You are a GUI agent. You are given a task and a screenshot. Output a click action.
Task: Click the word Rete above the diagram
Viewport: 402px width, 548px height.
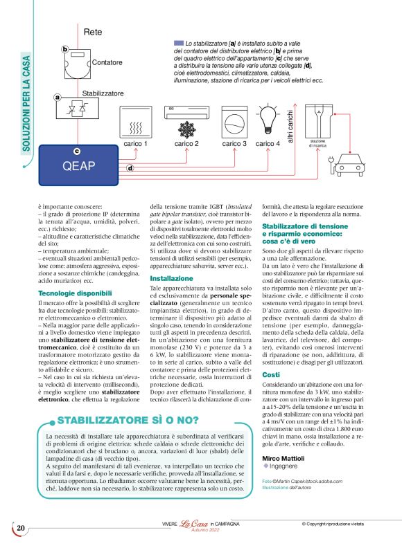93,33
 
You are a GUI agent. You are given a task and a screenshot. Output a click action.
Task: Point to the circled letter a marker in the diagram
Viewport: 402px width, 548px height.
58,98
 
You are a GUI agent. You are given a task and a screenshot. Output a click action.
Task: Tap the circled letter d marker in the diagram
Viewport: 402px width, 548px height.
130,168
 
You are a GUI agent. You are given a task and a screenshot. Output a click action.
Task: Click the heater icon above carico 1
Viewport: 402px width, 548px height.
136,122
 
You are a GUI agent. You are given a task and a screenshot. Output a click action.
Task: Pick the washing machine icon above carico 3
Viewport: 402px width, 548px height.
234,122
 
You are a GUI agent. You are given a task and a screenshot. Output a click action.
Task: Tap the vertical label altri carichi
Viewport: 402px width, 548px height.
290,127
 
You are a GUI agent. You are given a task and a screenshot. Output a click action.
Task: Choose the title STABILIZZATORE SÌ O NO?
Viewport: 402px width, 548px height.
120,420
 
